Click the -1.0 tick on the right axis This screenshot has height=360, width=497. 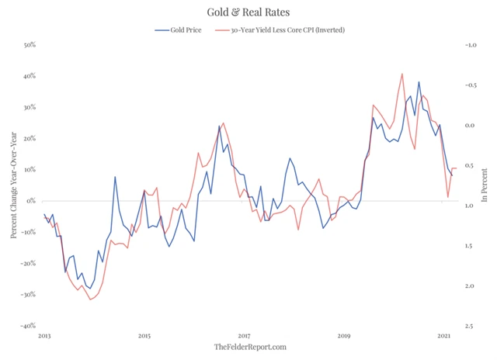[x=469, y=45]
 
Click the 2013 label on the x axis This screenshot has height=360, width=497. [x=44, y=336]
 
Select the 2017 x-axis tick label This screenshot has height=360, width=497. [x=244, y=336]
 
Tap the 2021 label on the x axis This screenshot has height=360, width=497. [x=444, y=336]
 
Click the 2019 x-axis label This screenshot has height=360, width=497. [x=344, y=336]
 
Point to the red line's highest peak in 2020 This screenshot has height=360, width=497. [x=402, y=74]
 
